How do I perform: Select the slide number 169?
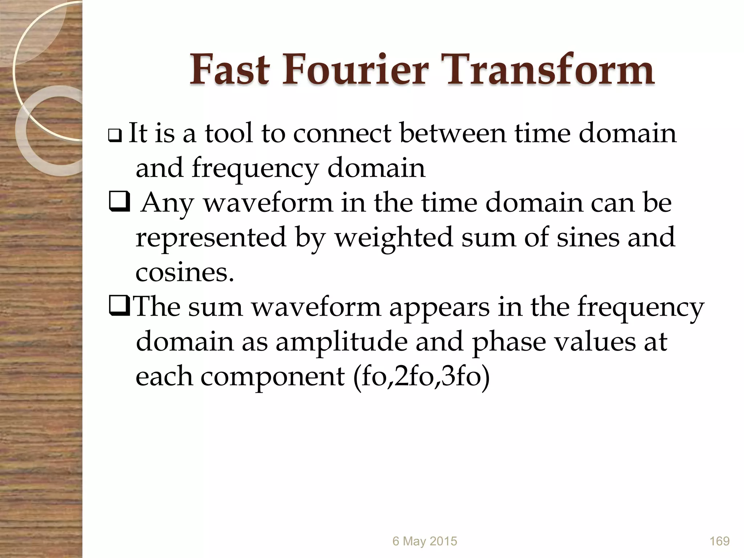tap(719, 541)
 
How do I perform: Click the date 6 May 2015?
tap(425, 541)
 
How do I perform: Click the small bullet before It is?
tap(116, 137)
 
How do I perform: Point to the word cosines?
tap(185, 272)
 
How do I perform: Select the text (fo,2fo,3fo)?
tap(421, 376)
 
